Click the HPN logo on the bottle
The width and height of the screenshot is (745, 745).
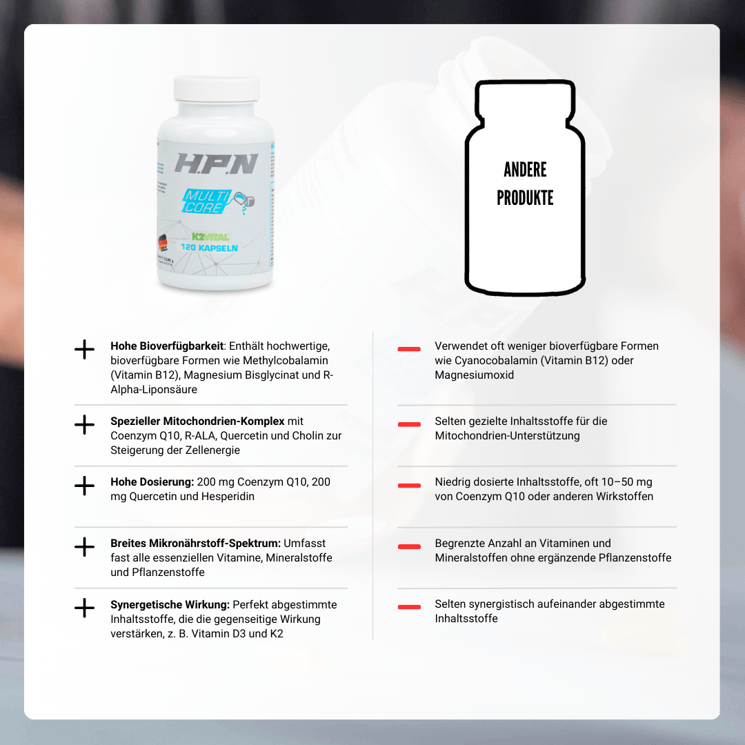click(x=216, y=163)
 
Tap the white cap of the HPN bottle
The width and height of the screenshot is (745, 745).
click(x=216, y=89)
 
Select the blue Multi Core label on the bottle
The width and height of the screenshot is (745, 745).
click(x=207, y=201)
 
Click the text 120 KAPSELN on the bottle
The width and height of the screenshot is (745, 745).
click(x=209, y=247)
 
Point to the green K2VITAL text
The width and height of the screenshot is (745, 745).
click(x=210, y=237)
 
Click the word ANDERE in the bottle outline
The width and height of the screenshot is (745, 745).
click(x=525, y=170)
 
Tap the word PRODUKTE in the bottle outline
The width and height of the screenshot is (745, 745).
click(x=525, y=198)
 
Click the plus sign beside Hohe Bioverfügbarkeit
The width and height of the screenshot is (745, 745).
click(x=85, y=349)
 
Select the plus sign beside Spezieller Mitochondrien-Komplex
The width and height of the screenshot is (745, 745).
click(x=85, y=424)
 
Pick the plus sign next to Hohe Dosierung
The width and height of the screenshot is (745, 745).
click(x=85, y=486)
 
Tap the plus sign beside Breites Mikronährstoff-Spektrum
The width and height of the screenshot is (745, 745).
click(x=85, y=547)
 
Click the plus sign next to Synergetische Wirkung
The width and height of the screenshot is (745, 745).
click(x=85, y=608)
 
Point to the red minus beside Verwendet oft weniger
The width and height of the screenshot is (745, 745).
click(x=409, y=349)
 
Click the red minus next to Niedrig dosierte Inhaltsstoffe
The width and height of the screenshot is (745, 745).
click(x=409, y=485)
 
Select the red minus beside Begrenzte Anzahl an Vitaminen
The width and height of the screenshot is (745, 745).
click(x=409, y=546)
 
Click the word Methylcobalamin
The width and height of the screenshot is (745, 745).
click(x=285, y=360)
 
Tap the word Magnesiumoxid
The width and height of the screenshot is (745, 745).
click(x=474, y=375)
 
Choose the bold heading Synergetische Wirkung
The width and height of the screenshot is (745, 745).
click(x=170, y=605)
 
